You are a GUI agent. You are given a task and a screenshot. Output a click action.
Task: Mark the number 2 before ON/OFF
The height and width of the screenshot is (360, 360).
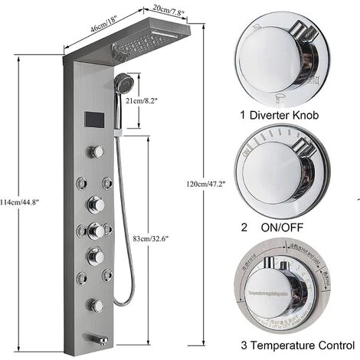pyautogui.click(x=244, y=227)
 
